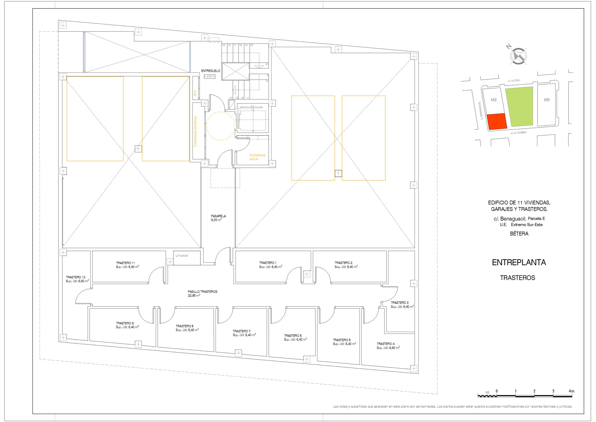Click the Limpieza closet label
[x=182, y=256]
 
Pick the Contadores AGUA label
[x=257, y=157]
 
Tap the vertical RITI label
[x=195, y=93]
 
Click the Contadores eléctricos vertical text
[x=195, y=131]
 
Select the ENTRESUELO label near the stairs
[x=210, y=71]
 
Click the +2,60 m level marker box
[x=210, y=76]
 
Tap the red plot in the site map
[x=497, y=121]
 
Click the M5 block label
[x=547, y=100]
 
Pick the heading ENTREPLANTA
[x=519, y=263]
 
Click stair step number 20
[x=252, y=45]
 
